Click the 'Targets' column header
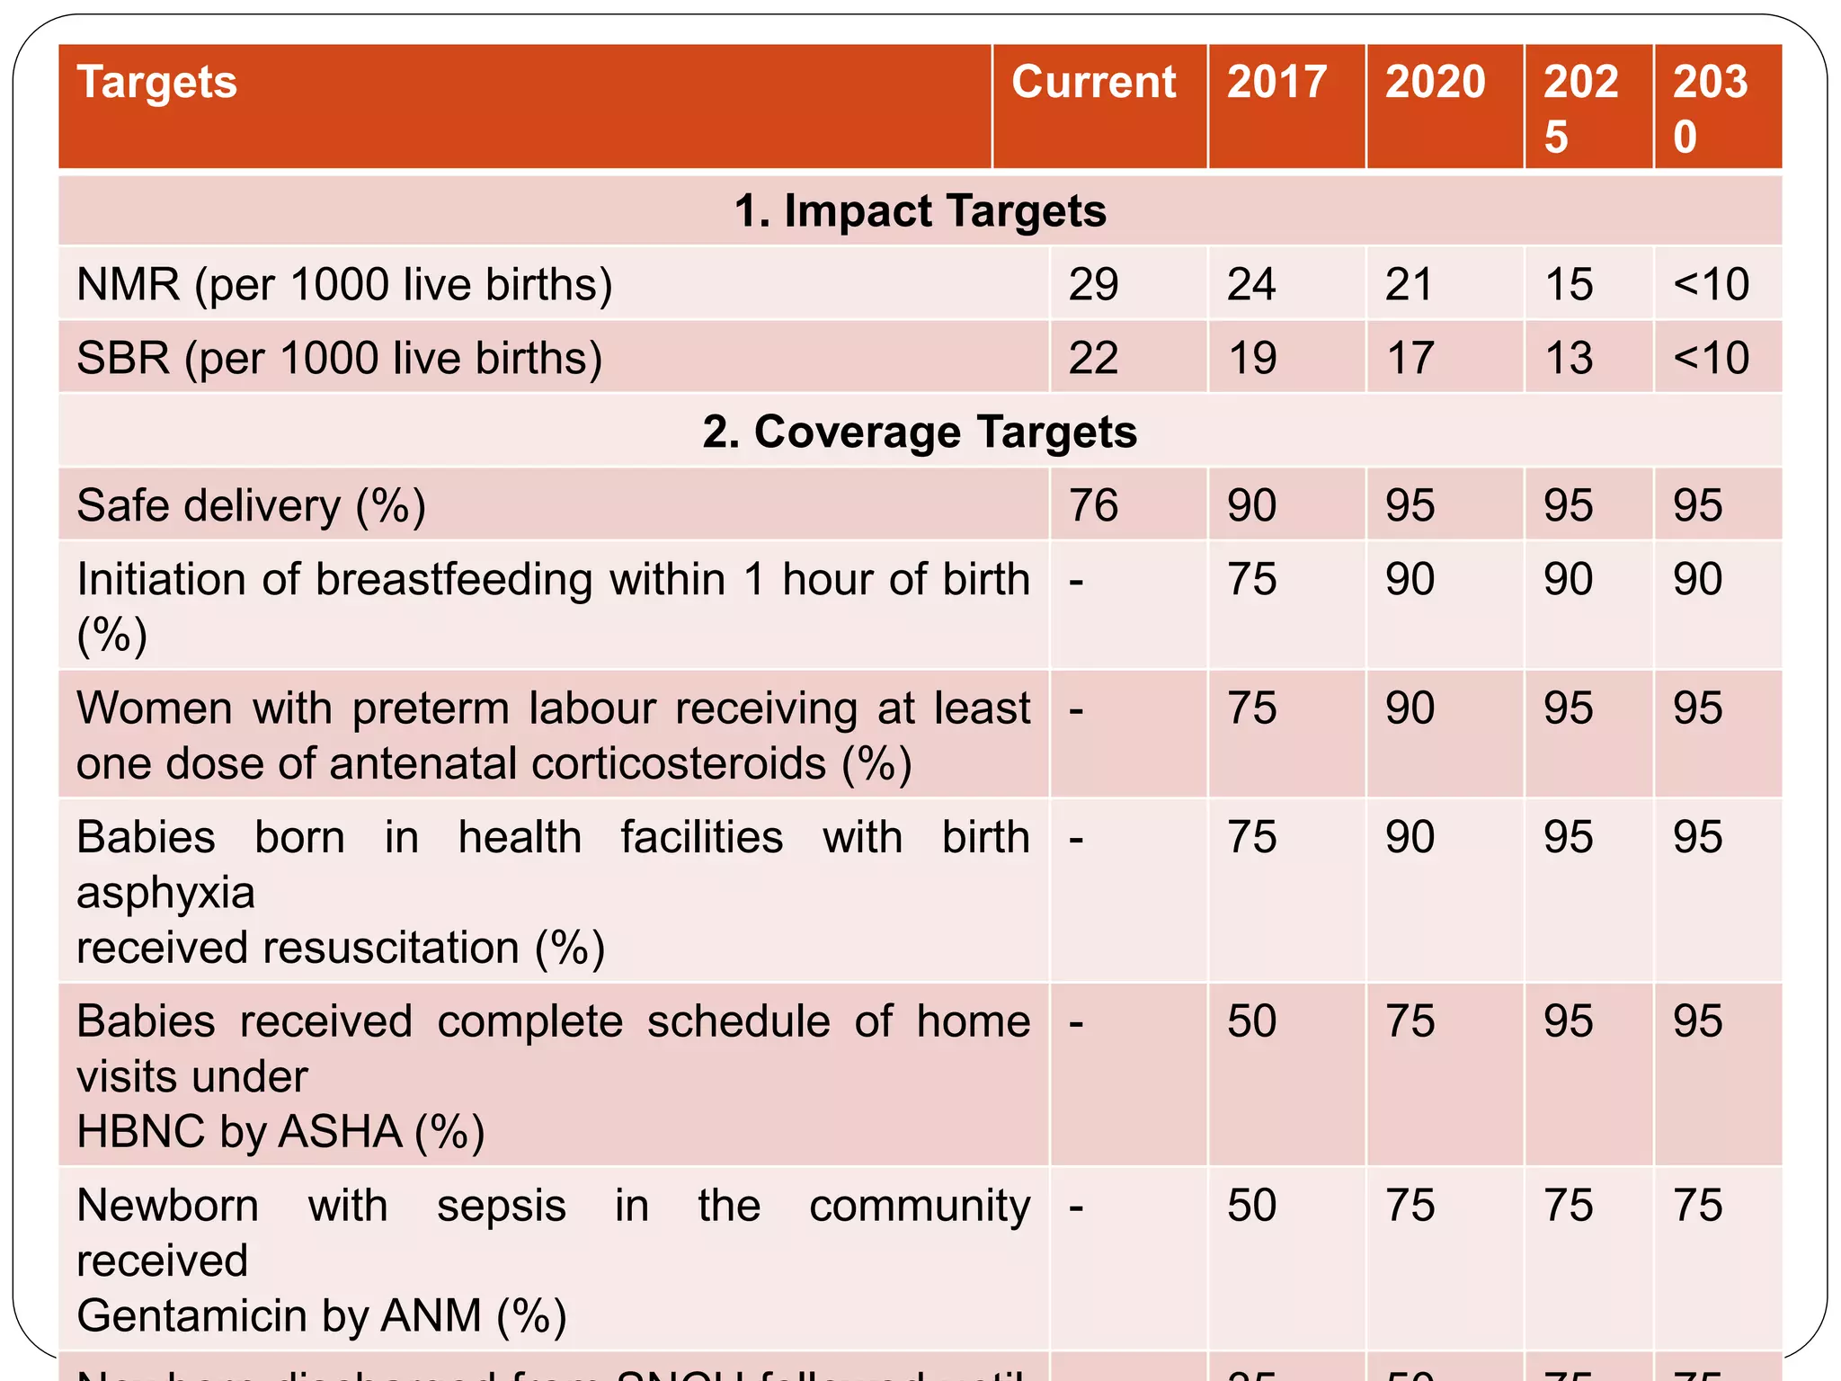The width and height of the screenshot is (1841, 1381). (x=157, y=83)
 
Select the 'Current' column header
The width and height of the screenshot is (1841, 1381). (x=1093, y=83)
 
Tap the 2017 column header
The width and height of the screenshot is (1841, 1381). (x=1276, y=83)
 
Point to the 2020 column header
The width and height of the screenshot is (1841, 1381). (x=1435, y=83)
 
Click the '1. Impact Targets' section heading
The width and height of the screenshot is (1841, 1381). (x=920, y=211)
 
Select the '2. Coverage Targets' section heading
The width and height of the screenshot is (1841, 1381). (x=920, y=432)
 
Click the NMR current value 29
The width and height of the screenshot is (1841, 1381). (x=1093, y=285)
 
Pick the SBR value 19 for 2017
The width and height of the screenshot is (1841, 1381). (x=1251, y=359)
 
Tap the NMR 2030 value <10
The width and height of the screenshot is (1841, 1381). (x=1711, y=285)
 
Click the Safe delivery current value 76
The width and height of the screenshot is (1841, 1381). (x=1093, y=505)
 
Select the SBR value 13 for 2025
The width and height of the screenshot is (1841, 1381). (x=1568, y=359)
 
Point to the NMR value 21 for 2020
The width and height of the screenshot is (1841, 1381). (x=1409, y=285)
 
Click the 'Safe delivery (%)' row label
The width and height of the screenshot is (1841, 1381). (x=251, y=505)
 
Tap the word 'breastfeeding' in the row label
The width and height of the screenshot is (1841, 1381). (x=454, y=579)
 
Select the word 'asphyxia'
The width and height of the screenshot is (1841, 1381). (x=165, y=893)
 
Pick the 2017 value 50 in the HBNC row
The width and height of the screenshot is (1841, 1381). (x=1251, y=1021)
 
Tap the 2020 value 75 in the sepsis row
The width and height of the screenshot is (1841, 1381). (x=1409, y=1206)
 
